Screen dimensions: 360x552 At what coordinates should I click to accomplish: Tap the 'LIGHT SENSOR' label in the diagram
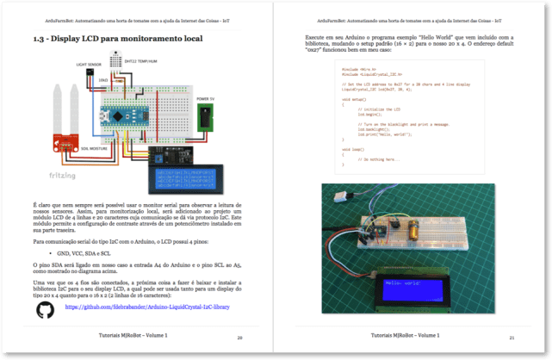88,65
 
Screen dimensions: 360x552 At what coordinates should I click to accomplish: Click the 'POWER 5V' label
206,100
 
